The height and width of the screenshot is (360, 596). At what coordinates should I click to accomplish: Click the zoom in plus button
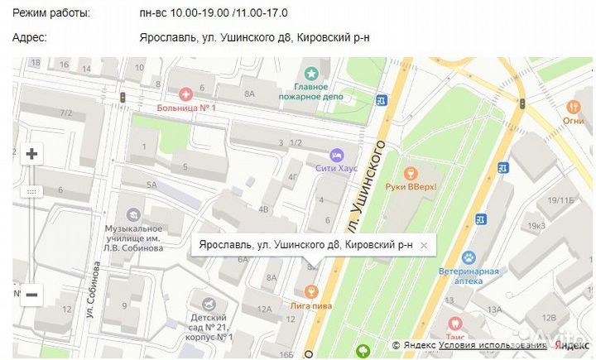coord(31,154)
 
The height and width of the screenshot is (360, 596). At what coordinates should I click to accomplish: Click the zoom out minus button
coord(31,294)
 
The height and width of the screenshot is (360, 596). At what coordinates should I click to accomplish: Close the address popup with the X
coord(424,246)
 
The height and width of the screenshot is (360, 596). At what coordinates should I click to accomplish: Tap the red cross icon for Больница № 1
coord(185,95)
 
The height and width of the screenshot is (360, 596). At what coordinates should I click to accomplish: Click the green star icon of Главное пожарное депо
coord(311,74)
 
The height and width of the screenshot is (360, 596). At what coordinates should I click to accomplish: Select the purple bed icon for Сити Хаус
coord(336,154)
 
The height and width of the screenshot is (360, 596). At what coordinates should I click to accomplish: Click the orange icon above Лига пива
coord(310,291)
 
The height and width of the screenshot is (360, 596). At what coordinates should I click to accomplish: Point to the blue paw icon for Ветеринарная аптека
coord(469,257)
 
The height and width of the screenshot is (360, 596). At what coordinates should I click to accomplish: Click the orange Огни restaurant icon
coord(573,107)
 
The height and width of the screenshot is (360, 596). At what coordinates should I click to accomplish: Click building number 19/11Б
coord(560,200)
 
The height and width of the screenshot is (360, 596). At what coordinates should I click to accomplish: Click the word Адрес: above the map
coord(31,37)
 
